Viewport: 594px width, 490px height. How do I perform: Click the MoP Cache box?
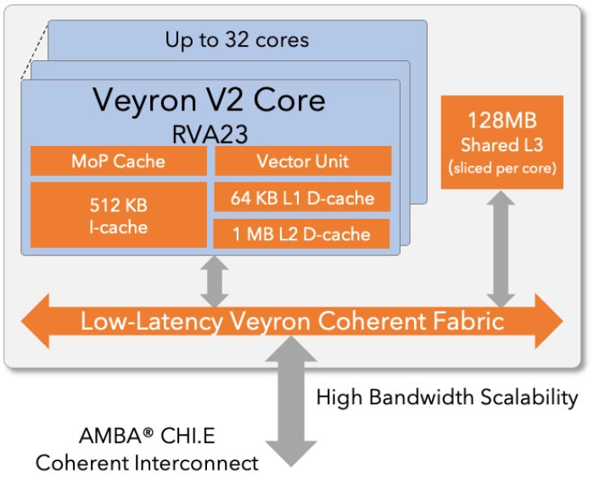click(118, 161)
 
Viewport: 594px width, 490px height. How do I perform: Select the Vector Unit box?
click(302, 161)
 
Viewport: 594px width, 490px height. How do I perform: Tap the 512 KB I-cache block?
click(118, 215)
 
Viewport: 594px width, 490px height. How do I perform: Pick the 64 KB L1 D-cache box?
click(302, 198)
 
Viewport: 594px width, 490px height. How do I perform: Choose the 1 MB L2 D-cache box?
click(302, 234)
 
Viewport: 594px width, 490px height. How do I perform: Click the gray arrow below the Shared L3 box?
click(502, 248)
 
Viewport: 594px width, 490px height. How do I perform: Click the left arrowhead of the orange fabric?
click(38, 321)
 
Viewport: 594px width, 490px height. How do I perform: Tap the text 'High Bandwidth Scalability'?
click(446, 397)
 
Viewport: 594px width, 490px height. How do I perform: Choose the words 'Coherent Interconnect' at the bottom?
click(146, 463)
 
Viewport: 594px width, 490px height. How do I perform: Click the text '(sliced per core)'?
click(502, 168)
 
